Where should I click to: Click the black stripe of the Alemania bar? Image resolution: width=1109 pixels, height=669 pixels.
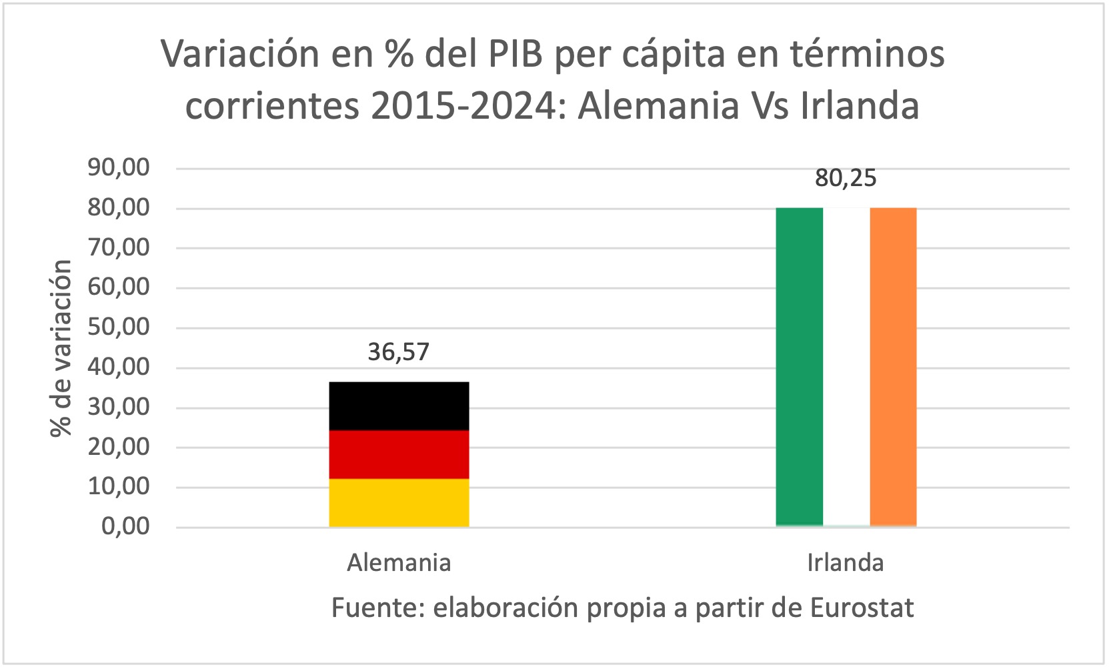(x=399, y=406)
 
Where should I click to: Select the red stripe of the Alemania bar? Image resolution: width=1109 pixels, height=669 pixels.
(x=399, y=454)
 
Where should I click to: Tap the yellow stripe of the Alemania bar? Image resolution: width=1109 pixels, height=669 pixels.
(x=399, y=503)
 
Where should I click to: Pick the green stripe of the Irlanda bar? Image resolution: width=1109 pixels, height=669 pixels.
(x=799, y=367)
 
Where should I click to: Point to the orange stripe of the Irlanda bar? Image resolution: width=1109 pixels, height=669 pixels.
(x=893, y=367)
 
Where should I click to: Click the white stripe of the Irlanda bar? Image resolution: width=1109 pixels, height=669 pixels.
(x=846, y=367)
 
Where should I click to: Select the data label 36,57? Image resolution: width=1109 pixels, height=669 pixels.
(x=399, y=352)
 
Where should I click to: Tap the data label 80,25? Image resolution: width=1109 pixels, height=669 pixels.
(x=846, y=178)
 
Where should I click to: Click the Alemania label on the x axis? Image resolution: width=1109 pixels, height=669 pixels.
(x=399, y=563)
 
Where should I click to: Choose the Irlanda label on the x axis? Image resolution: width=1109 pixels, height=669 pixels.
(x=846, y=563)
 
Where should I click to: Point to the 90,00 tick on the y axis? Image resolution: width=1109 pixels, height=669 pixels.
(x=119, y=167)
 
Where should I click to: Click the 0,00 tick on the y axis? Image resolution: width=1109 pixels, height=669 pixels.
(x=125, y=526)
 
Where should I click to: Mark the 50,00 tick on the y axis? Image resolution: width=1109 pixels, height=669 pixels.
(x=119, y=327)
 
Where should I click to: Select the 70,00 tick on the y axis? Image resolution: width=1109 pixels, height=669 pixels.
(x=119, y=247)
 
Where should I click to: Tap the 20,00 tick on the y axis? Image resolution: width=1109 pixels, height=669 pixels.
(x=119, y=447)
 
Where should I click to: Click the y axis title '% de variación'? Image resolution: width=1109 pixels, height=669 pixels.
(x=61, y=348)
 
